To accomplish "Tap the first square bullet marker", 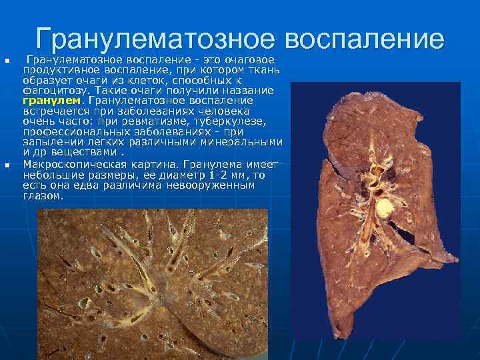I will coord(8,62).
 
